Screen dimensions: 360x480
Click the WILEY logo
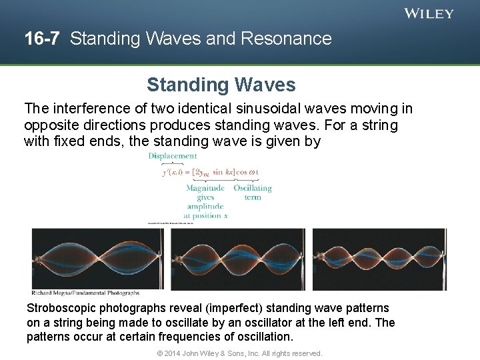click(x=429, y=13)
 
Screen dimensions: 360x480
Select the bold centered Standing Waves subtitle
click(x=221, y=85)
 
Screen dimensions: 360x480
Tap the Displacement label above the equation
click(x=173, y=156)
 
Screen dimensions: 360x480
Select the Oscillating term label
click(x=253, y=193)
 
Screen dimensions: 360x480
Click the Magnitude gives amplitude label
click(x=205, y=202)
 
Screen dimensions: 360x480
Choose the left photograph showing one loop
click(x=97, y=259)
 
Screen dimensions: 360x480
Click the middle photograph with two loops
click(x=238, y=259)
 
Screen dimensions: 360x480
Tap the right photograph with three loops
click(x=379, y=259)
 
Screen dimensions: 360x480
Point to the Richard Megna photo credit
click(x=86, y=293)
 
